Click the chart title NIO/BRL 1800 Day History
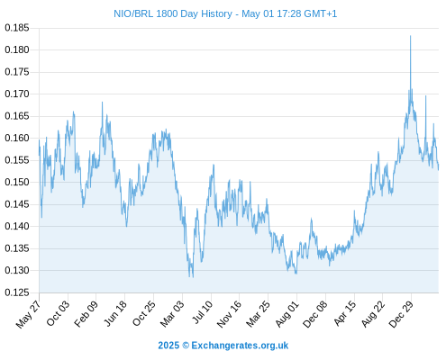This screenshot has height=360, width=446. point(173,13)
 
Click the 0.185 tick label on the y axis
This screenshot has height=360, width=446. point(17,28)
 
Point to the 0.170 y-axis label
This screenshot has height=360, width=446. point(17,94)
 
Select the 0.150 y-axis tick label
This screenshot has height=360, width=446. point(17,182)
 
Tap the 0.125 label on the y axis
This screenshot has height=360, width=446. point(17,292)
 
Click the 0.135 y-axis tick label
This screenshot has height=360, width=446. point(17,248)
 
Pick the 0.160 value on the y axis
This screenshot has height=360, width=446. point(17,138)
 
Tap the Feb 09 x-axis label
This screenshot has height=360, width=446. point(86,313)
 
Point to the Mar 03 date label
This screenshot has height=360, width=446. point(172,313)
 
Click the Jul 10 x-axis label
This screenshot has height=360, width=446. point(203,312)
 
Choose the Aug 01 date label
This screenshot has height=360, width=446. point(287,313)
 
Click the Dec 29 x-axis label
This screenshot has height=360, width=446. point(401,313)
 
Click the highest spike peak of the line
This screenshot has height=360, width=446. point(410,36)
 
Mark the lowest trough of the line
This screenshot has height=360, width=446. point(193,277)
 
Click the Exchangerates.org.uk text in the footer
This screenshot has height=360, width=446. point(240,346)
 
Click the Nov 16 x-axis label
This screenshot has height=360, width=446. point(229,314)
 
